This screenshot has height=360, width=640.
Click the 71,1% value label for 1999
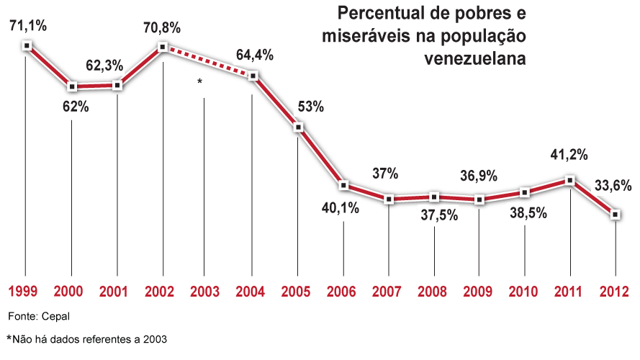[x=27, y=26]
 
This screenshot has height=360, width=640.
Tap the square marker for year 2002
[x=163, y=47]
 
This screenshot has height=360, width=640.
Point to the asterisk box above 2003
[x=199, y=84]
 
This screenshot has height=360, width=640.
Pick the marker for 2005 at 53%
[x=298, y=127]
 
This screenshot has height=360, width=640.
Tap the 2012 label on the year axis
[x=615, y=292]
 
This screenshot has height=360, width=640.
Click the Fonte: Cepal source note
[x=40, y=316]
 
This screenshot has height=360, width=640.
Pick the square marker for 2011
[x=570, y=180]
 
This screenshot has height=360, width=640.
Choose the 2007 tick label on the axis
[x=388, y=292]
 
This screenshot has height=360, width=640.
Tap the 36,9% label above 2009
[x=478, y=175]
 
